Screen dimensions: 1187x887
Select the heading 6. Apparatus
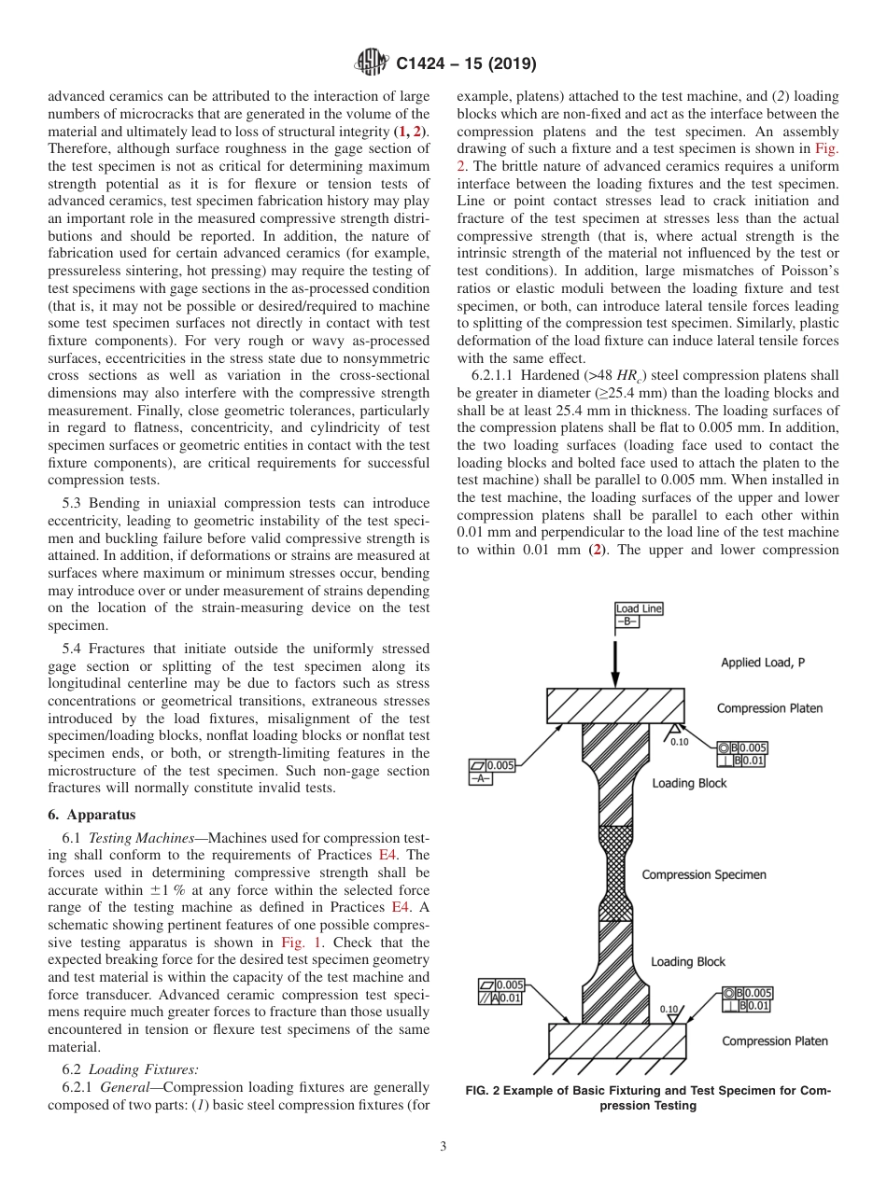pyautogui.click(x=92, y=814)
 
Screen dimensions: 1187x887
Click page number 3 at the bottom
pyautogui.click(x=443, y=1147)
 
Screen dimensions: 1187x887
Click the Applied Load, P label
pyautogui.click(x=763, y=663)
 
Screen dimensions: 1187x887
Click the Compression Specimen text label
pyautogui.click(x=703, y=874)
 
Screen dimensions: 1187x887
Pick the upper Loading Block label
pyautogui.click(x=688, y=783)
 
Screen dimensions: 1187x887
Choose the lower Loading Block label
pyautogui.click(x=687, y=961)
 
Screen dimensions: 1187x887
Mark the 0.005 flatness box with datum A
pyautogui.click(x=492, y=772)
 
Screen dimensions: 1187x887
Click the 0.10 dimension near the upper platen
pyautogui.click(x=679, y=742)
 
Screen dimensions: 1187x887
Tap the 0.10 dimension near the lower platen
pyautogui.click(x=669, y=1009)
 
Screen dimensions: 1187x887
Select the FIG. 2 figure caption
pyautogui.click(x=648, y=1097)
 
